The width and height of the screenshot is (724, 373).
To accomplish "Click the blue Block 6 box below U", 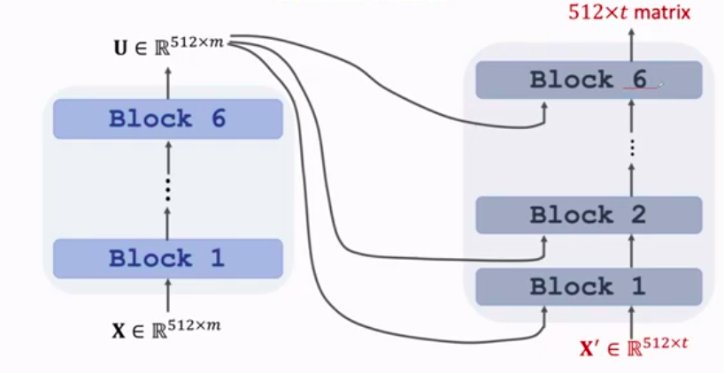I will (x=167, y=118).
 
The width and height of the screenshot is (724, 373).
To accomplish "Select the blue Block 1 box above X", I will (x=167, y=258).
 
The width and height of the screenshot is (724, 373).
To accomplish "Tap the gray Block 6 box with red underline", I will (x=589, y=80).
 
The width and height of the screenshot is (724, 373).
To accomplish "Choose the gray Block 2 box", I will (x=589, y=215).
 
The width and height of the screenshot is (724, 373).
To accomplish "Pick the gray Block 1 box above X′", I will (x=589, y=286).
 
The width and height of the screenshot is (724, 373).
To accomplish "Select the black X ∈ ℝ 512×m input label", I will (x=166, y=329).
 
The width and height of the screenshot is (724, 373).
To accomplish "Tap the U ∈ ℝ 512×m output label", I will (x=166, y=43).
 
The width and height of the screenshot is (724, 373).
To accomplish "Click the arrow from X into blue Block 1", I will (x=167, y=295).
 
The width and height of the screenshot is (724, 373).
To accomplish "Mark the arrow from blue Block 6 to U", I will (x=167, y=81).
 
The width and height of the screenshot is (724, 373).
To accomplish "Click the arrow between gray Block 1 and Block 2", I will (x=632, y=250).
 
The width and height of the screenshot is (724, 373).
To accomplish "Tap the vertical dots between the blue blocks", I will (x=167, y=188).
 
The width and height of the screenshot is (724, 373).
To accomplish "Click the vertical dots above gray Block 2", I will (x=632, y=147).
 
